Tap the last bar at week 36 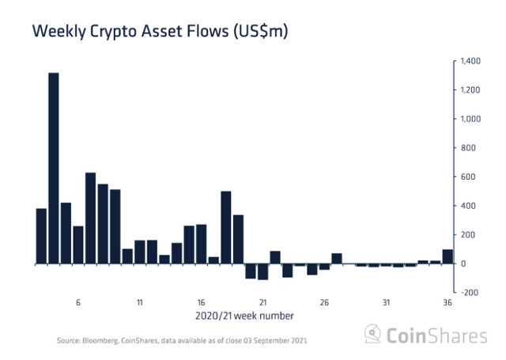[447, 256]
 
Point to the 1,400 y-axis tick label [470, 61]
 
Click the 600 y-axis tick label [466, 176]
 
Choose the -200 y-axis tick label [467, 292]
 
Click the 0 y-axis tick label [463, 263]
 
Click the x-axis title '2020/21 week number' [245, 316]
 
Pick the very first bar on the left [41, 236]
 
